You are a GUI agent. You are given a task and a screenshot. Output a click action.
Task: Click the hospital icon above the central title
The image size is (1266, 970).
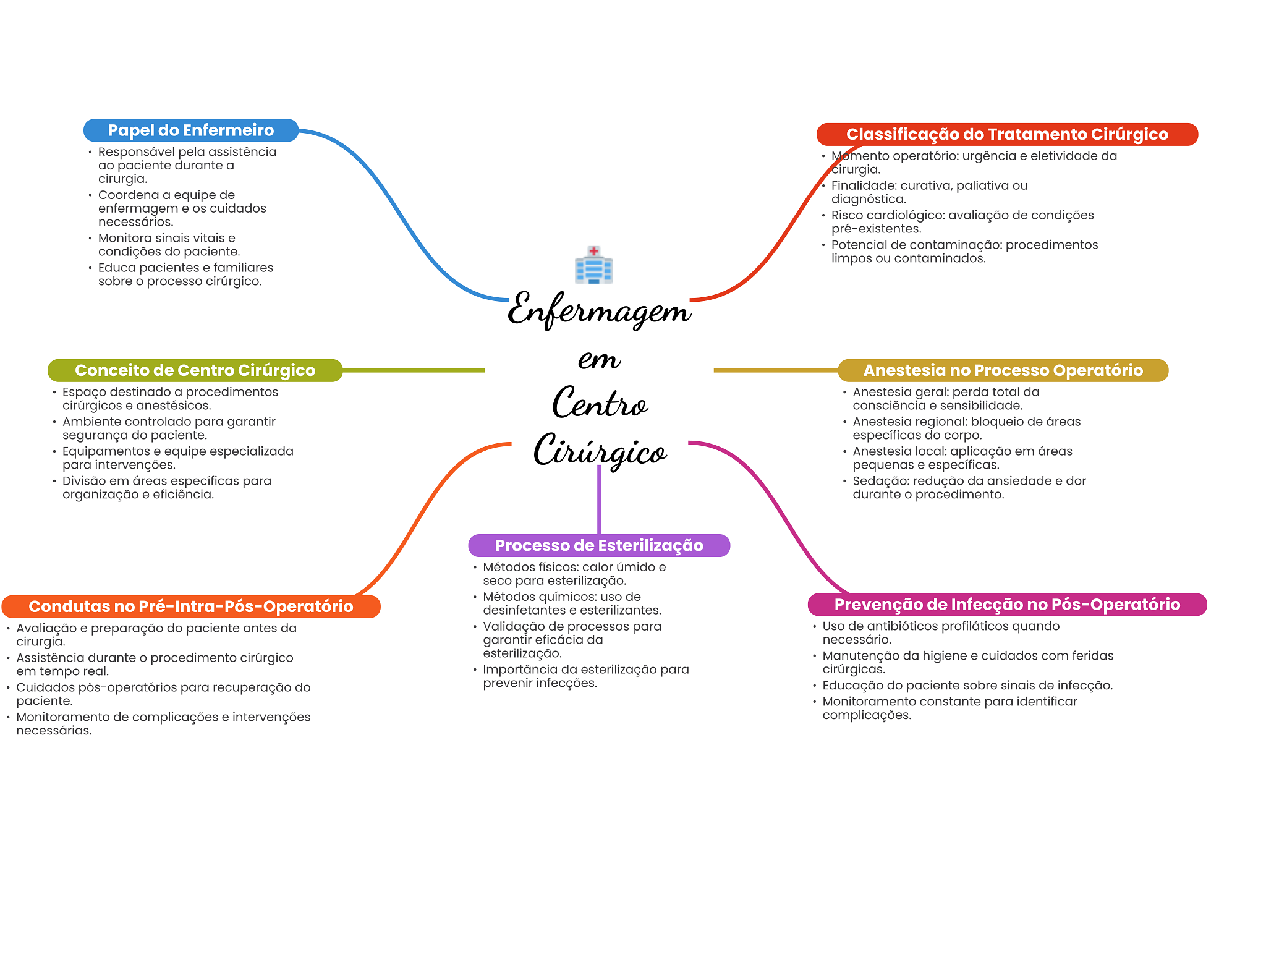593,265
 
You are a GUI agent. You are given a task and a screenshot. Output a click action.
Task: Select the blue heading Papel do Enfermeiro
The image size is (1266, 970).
190,130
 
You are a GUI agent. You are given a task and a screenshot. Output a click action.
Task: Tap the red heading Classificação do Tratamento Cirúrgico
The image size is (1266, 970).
1006,134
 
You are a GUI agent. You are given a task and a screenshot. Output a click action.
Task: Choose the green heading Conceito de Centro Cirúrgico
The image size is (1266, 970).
195,370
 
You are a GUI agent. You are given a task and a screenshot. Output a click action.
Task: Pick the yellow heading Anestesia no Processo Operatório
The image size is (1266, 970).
1003,370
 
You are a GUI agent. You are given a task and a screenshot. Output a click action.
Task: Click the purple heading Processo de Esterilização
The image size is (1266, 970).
598,545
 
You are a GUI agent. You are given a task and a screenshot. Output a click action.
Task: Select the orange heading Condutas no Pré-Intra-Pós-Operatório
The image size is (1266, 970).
190,606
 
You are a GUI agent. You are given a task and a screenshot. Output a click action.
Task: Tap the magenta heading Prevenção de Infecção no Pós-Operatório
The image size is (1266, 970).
1006,604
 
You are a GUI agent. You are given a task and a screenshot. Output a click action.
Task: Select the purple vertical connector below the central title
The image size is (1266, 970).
599,501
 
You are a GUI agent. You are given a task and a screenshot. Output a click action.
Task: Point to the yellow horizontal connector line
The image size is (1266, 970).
776,370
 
